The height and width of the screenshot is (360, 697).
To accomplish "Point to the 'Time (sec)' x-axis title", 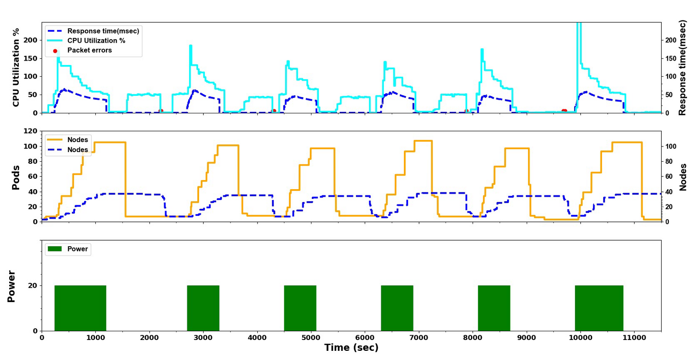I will coord(351,348).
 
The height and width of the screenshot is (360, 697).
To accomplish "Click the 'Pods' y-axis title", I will coord(16,177).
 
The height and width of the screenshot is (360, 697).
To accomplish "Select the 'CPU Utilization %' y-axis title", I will coord(16,68).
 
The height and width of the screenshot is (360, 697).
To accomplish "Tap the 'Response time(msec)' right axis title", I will coord(682,68).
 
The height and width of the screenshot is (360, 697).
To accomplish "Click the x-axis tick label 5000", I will coord(311,337).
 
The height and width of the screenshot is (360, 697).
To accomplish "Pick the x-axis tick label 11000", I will coord(634,337).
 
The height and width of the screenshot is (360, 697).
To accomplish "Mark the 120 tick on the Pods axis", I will coord(30,131).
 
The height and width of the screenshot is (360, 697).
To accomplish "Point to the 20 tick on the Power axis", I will coord(32,285).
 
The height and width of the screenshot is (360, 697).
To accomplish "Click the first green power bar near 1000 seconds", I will coord(80,308).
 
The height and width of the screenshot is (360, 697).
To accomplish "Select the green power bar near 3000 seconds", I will coord(203,308).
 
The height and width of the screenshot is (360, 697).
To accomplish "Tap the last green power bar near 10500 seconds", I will coord(599,308).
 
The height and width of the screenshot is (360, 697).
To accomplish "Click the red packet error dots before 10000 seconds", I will coord(564,111).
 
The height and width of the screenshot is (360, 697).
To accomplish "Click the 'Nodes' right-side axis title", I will coord(683,177).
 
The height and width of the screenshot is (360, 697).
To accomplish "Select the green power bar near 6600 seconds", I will coord(397,308).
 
